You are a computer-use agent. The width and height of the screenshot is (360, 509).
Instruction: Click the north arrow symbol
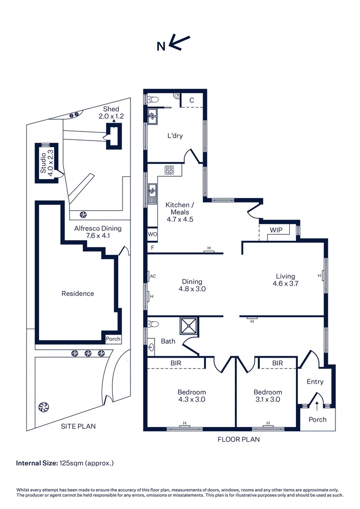point(179,42)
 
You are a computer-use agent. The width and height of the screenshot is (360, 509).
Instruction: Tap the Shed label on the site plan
point(111,109)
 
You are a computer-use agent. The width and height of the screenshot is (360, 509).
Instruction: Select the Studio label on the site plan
point(43,163)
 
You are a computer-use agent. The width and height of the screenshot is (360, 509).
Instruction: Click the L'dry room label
point(175,136)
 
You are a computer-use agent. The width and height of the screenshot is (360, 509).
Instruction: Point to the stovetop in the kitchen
point(169,170)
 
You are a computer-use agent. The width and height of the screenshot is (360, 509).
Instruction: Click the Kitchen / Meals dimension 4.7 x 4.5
point(180,220)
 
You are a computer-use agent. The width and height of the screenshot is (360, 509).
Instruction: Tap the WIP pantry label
point(276,230)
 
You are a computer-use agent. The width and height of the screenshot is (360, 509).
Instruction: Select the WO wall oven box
point(153,234)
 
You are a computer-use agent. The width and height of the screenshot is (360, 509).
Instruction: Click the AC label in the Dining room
point(153,276)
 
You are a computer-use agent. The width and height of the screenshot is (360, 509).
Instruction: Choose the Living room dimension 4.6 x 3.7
point(286,283)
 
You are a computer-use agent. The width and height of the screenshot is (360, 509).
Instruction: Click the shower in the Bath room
point(189,325)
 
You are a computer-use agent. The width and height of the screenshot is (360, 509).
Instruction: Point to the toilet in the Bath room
point(153,324)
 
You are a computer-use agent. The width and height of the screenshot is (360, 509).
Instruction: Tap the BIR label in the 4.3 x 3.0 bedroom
point(176,363)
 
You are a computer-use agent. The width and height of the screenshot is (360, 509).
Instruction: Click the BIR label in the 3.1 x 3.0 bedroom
point(278,363)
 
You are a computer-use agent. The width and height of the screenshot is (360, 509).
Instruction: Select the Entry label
point(315,382)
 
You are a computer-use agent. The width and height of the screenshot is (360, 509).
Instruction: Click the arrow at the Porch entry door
point(317,406)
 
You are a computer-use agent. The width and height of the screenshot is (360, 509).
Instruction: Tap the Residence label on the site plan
point(78,294)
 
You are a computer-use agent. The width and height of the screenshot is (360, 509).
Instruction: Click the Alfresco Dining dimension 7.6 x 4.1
point(98,236)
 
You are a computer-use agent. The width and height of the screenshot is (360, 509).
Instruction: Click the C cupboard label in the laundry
point(191,100)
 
